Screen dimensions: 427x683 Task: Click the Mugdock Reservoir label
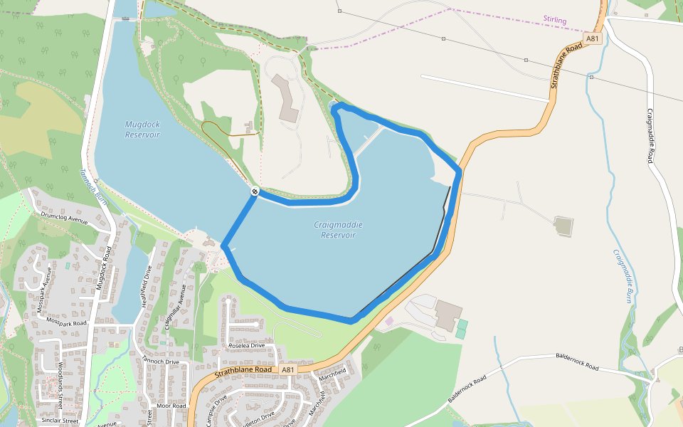[x=142, y=129]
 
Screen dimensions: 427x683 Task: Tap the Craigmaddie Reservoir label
[x=338, y=230]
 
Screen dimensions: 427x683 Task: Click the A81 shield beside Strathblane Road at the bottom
[x=287, y=370]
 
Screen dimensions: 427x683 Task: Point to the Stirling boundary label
[x=554, y=21]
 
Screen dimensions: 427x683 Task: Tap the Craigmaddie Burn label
[x=623, y=277]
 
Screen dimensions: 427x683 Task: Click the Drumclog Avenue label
[x=64, y=216]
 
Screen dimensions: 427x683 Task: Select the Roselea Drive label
[x=245, y=345]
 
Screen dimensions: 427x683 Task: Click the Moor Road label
[x=171, y=406]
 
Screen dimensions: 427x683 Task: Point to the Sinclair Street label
[x=60, y=421]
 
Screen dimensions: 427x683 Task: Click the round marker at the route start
[x=254, y=191]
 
